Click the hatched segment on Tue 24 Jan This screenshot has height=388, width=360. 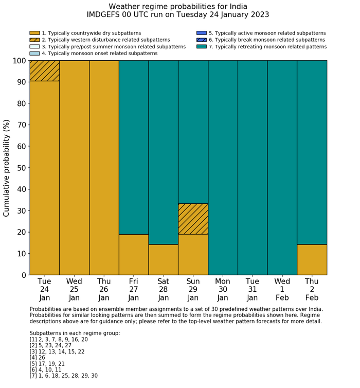[44, 70]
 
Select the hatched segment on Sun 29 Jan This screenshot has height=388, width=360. [193, 219]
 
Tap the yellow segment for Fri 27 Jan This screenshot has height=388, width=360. [134, 254]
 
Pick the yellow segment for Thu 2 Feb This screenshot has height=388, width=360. [312, 259]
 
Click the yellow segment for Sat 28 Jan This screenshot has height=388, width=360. [164, 259]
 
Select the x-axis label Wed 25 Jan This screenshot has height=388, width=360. [74, 289]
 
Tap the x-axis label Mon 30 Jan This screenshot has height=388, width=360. [223, 289]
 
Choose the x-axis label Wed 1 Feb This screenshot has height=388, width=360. [282, 289]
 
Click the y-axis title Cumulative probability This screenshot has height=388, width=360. [7, 168]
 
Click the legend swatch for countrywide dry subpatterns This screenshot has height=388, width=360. [34, 33]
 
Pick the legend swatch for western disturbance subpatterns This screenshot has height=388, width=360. [34, 40]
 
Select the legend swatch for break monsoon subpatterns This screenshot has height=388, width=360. [202, 40]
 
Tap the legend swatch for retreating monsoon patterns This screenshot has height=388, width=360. [202, 46]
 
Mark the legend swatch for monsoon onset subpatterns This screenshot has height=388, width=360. [34, 53]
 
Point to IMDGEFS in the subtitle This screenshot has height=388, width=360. [105, 15]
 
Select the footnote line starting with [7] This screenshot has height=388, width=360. [63, 376]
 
